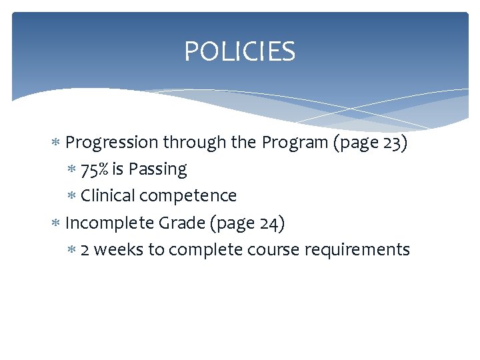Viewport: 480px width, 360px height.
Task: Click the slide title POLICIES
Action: (239, 51)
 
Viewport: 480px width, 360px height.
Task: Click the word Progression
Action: (112, 143)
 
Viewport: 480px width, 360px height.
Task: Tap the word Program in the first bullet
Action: (291, 143)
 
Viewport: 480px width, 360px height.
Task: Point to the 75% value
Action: (95, 169)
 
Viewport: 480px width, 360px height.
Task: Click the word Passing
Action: (157, 169)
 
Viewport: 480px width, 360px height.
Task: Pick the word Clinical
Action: (107, 196)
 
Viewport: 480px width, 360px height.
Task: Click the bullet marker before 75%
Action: (71, 169)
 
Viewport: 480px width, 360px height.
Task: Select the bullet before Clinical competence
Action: (71, 196)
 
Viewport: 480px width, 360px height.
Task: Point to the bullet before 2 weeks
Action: (71, 249)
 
